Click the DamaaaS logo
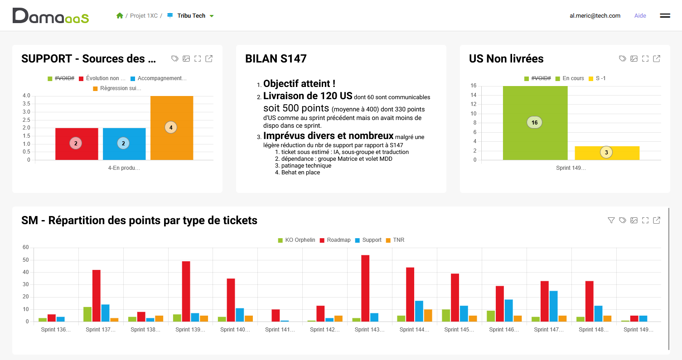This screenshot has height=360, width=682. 51,15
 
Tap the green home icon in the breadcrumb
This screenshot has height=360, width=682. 120,15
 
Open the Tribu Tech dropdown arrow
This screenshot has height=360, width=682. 212,16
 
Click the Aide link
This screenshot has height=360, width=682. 640,15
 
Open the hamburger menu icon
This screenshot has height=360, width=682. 665,15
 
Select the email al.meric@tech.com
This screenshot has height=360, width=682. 595,15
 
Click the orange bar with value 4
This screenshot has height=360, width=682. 172,128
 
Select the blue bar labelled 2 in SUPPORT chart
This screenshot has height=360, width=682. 124,144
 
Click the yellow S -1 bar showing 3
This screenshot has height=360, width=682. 607,153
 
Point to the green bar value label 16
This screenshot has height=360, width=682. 534,122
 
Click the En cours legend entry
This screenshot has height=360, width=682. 570,78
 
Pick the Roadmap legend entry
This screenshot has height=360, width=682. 335,240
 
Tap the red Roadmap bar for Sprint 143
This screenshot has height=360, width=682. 365,288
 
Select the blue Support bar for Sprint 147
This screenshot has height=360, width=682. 553,306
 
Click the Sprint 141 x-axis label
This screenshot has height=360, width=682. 280,329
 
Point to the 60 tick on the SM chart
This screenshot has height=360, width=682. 25,247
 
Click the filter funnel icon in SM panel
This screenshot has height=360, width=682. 611,220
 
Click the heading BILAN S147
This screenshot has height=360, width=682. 276,58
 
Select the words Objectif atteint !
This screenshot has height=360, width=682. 299,83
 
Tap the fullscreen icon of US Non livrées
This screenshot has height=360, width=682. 645,58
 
